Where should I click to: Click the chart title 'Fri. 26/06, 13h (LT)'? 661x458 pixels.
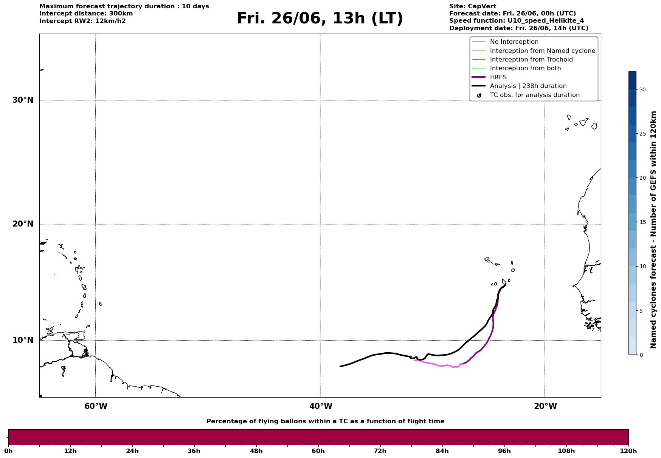[x=320, y=19]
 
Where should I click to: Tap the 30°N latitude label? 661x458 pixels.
[x=23, y=100]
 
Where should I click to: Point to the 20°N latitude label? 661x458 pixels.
[x=23, y=224]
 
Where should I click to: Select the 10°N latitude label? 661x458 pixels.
[x=23, y=340]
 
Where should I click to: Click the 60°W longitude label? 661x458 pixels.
[x=96, y=406]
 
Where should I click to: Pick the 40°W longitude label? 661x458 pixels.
[x=321, y=406]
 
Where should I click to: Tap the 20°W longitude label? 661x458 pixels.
[x=545, y=406]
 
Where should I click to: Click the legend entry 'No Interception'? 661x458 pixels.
[x=514, y=42]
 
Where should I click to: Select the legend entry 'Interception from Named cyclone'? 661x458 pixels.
[x=543, y=51]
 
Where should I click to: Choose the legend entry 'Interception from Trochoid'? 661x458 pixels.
[x=531, y=60]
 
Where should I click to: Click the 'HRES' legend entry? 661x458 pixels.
[x=498, y=77]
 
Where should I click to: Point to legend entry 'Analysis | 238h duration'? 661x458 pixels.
[x=528, y=86]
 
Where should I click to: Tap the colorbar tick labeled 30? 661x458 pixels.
[x=642, y=89]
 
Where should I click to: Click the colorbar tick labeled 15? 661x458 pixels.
[x=642, y=222]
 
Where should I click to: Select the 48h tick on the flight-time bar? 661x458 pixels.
[x=256, y=451]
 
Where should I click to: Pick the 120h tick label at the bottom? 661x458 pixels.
[x=628, y=451]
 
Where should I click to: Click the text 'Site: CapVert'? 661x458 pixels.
[x=473, y=6]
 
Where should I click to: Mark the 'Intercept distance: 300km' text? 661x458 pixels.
[x=86, y=14]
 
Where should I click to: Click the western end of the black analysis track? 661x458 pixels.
[x=340, y=367]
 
